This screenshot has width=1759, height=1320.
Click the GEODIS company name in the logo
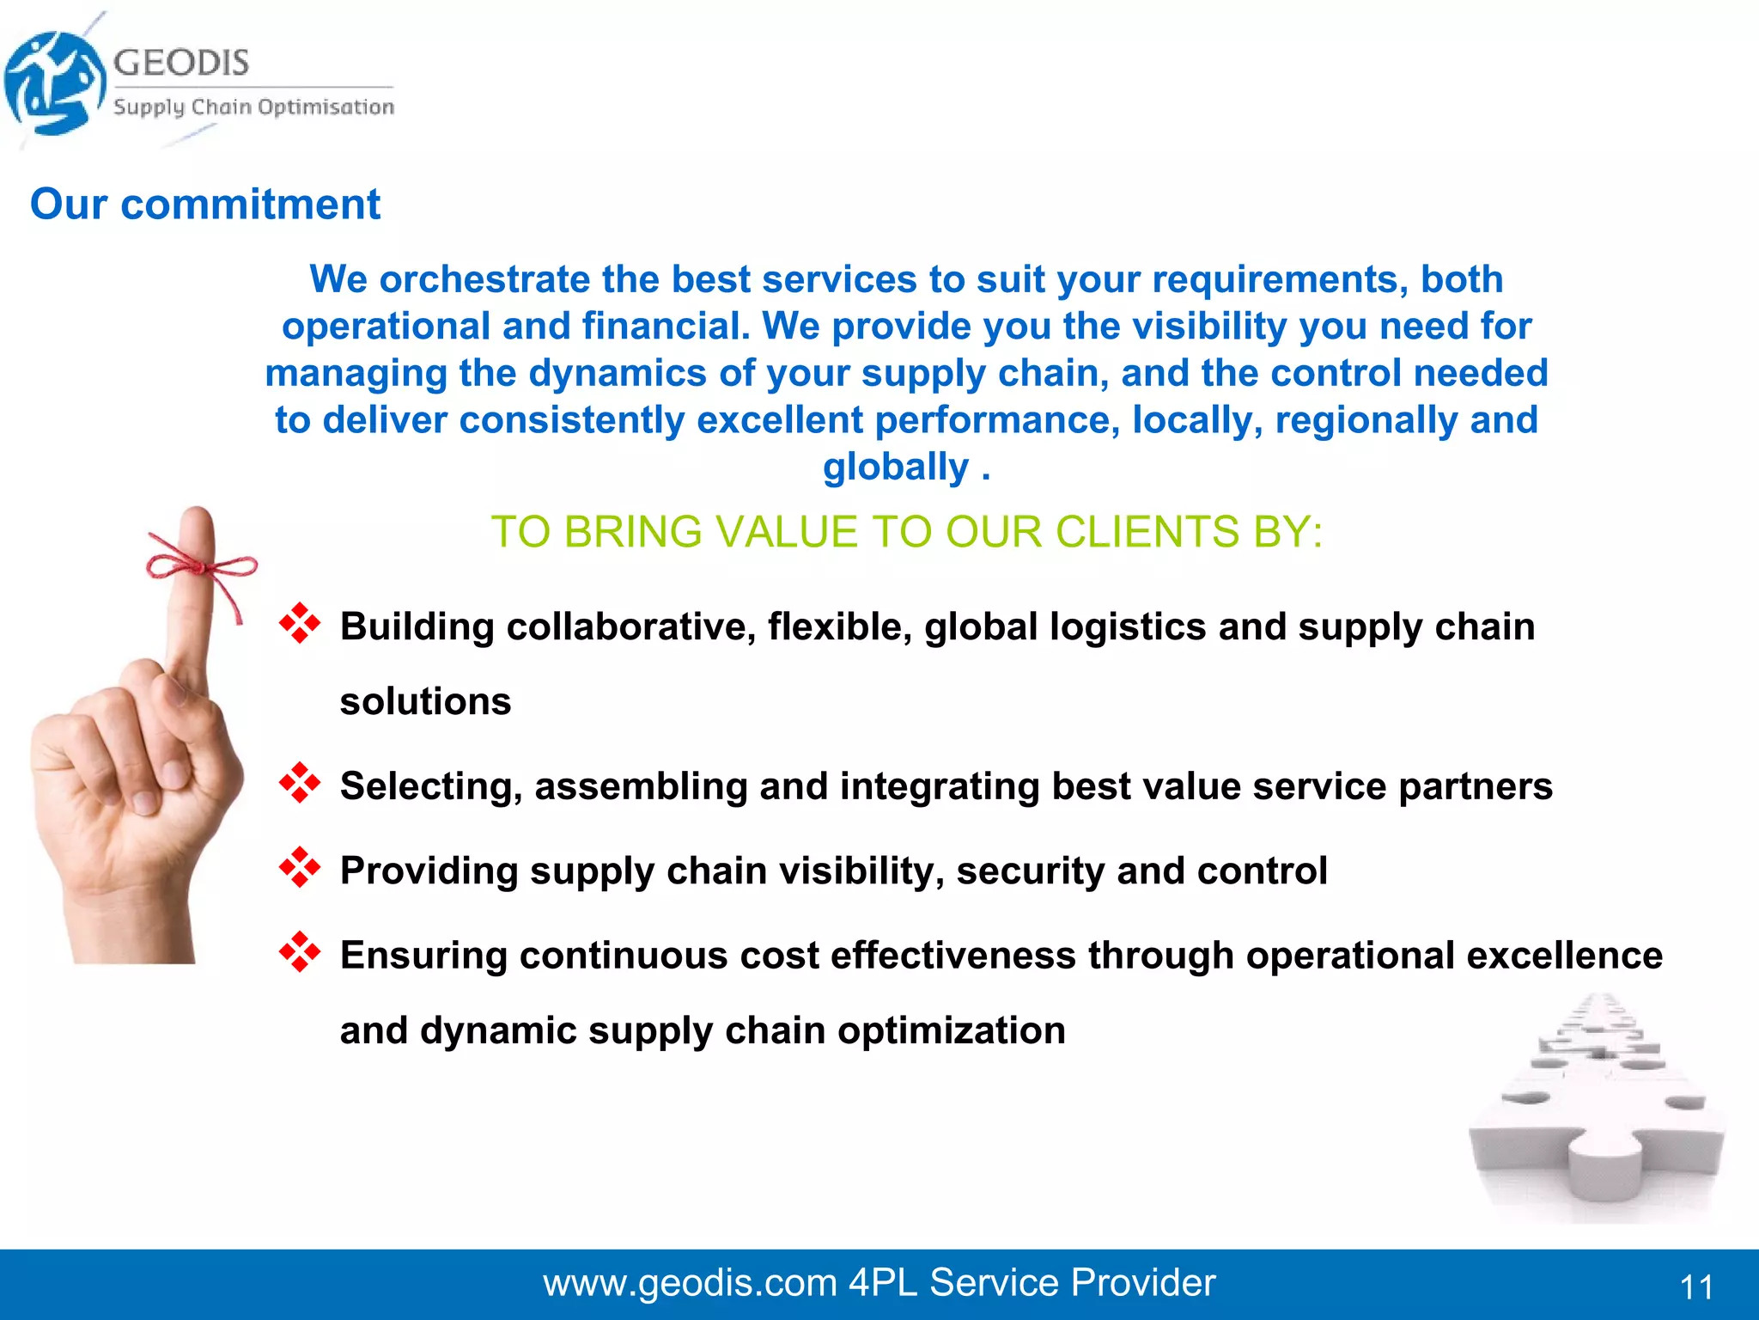(x=181, y=62)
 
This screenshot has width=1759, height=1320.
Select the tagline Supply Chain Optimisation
(x=253, y=107)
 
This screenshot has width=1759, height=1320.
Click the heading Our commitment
(x=204, y=205)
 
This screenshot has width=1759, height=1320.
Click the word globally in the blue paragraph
(x=895, y=467)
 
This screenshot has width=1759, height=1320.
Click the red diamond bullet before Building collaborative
(x=300, y=623)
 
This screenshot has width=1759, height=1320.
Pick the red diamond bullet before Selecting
(x=300, y=783)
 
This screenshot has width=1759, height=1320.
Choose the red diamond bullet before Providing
(x=300, y=867)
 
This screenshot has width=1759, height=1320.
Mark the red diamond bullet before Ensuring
(x=300, y=951)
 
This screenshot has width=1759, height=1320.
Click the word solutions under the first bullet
(x=425, y=701)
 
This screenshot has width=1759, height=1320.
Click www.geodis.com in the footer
(x=690, y=1283)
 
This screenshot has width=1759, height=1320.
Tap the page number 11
(x=1696, y=1287)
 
